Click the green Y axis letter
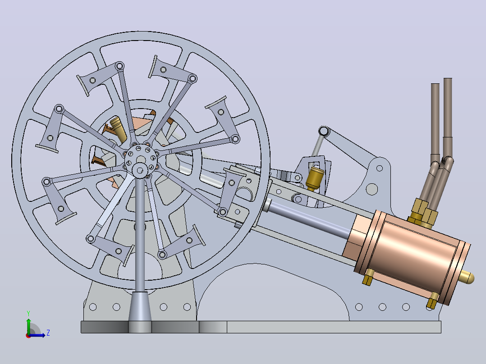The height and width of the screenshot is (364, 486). pyautogui.click(x=28, y=313)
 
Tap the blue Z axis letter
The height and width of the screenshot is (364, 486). pyautogui.click(x=48, y=333)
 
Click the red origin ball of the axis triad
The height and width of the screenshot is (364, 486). pyautogui.click(x=28, y=336)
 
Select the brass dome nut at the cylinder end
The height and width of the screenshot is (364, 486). pyautogui.click(x=468, y=277)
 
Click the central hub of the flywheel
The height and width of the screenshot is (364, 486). pyautogui.click(x=141, y=158)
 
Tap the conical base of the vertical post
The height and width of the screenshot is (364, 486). pyautogui.click(x=140, y=306)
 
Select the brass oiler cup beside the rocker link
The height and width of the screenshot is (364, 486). pyautogui.click(x=315, y=177)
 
